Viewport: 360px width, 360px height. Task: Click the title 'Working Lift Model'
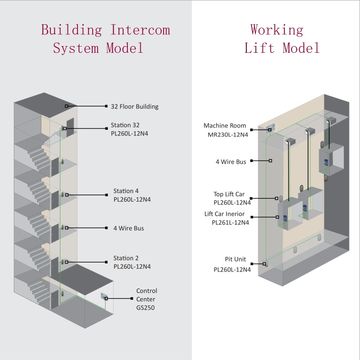pyautogui.click(x=276, y=38)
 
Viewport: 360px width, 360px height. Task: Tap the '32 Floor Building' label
pyautogui.click(x=135, y=106)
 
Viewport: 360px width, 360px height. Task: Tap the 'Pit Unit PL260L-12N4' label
pyautogui.click(x=231, y=264)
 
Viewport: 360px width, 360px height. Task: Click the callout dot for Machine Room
pyautogui.click(x=271, y=127)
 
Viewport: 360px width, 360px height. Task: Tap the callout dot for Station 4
pyautogui.click(x=66, y=194)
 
